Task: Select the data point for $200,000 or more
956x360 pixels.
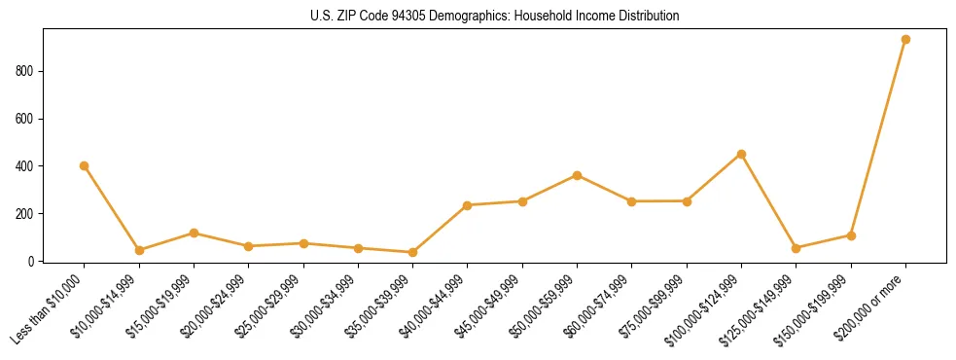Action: tap(905, 40)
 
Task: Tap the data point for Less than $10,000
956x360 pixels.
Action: tap(85, 165)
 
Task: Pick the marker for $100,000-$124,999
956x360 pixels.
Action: tap(741, 154)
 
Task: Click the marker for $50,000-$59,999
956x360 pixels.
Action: tap(577, 175)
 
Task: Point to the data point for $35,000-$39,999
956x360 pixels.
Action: tap(412, 252)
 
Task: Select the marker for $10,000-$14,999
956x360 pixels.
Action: tap(139, 250)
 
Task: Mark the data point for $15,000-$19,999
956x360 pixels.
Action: tap(194, 233)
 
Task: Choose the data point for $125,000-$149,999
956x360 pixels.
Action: tap(796, 248)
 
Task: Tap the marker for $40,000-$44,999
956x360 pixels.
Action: tap(468, 205)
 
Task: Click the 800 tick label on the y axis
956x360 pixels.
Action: tap(25, 71)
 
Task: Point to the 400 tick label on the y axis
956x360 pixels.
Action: tap(25, 166)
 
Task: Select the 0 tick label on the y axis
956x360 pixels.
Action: tap(32, 261)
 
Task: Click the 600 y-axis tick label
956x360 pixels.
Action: tap(25, 119)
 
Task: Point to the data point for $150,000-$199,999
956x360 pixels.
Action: tap(851, 235)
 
